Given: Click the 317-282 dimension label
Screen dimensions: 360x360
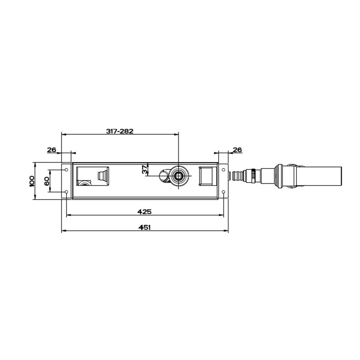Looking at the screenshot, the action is [119, 131].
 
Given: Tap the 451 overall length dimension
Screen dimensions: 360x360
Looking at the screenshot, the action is [144, 227].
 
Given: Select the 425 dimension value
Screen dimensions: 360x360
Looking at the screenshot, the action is [144, 211].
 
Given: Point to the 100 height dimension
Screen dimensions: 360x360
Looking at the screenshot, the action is [32, 181].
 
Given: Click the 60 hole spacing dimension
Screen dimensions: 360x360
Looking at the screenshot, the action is [47, 181].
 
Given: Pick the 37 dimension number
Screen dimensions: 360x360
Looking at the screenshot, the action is [145, 170].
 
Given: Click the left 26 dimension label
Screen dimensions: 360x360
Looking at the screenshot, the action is [52, 150].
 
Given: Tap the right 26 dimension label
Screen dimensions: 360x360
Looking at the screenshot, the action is [238, 150].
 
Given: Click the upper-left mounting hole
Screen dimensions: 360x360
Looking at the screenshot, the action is [66, 170].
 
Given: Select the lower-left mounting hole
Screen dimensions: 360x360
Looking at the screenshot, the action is [66, 192].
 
